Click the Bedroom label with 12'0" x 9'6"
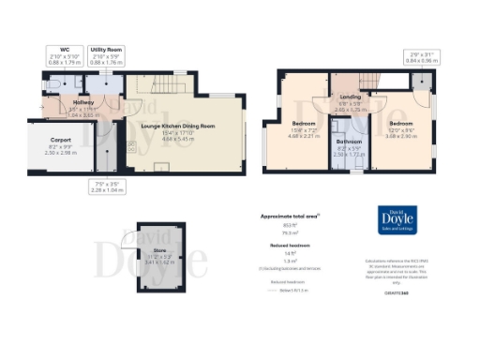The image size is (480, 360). pyautogui.click(x=401, y=123)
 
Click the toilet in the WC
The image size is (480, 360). pyautogui.click(x=55, y=83)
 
